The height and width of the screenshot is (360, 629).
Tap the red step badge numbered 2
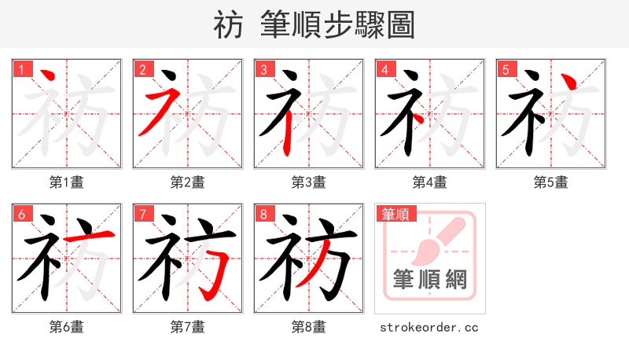pos(142,68)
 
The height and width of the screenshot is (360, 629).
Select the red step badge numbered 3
pos(263,68)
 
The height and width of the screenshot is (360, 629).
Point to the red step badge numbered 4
pos(384,68)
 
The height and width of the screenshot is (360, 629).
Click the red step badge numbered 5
pos(506,68)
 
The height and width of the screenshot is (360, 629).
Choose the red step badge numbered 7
pos(142,213)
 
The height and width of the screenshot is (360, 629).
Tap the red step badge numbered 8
pos(263,213)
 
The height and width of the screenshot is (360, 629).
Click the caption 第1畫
pos(67,182)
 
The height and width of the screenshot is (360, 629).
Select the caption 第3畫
pos(309,182)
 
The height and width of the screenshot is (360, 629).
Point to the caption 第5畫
pos(551,182)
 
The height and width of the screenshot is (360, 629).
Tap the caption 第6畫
pos(67,326)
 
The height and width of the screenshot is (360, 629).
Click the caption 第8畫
pos(309,326)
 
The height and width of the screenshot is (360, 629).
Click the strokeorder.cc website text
pos(429,327)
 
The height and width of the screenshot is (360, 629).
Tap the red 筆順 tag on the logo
pos(395,213)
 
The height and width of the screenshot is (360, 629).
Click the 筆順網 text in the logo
pos(430,279)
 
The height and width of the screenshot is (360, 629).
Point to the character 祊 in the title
pos(228,25)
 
